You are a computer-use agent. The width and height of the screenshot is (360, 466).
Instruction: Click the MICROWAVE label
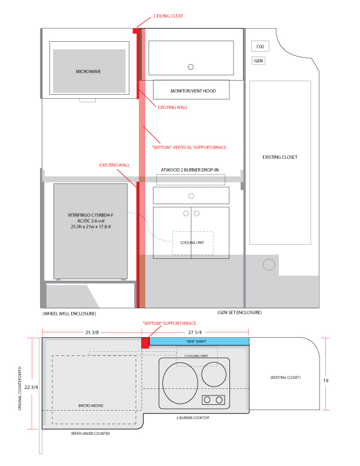[x=88, y=71]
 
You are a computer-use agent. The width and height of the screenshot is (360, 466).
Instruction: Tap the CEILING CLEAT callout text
[x=168, y=16]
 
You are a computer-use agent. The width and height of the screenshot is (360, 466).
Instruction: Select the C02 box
[x=260, y=46]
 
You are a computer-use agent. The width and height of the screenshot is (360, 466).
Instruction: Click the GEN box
[x=258, y=61]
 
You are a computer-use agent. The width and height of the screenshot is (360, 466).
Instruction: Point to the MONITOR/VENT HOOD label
[x=193, y=91]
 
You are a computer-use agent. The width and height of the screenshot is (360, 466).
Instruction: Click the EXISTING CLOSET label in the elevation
[x=280, y=157]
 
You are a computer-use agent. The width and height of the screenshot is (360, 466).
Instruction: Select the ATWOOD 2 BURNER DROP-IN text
[x=190, y=169]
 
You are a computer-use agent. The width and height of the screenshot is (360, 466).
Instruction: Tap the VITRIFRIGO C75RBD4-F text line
[x=91, y=215]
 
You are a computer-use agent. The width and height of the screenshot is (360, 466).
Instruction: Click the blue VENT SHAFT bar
[x=199, y=341]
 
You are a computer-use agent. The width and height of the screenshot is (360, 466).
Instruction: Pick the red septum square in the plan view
[x=145, y=342]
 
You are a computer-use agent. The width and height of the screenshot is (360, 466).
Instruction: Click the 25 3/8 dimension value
[x=92, y=332]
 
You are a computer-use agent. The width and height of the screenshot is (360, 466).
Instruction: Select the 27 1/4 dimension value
[x=195, y=332]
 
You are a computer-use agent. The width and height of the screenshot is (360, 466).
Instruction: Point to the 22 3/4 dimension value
[x=31, y=387]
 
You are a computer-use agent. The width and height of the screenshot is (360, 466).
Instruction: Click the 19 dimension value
[x=326, y=381]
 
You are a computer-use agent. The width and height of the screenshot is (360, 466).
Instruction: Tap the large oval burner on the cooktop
[x=181, y=383]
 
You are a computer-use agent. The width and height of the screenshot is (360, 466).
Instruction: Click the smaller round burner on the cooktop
[x=214, y=374]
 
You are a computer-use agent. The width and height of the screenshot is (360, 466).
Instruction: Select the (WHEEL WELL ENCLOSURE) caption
[x=69, y=314]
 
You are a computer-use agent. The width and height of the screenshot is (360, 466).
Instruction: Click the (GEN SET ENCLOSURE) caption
[x=239, y=312]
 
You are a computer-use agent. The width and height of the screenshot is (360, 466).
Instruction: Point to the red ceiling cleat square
[x=135, y=31]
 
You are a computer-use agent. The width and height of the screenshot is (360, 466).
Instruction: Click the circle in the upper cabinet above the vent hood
[x=191, y=67]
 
